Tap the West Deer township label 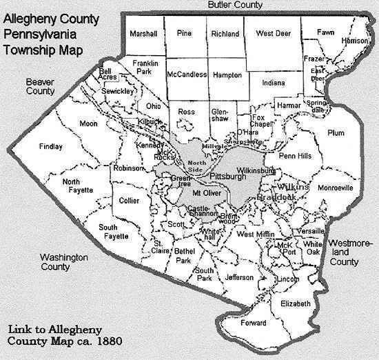[272, 34]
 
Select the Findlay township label [52, 147]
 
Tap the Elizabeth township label [297, 303]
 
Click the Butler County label [235, 6]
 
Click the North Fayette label [76, 186]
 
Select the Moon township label [88, 123]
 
